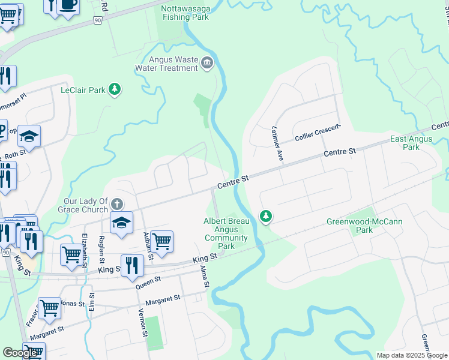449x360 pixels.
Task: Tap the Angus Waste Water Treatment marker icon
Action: coord(207,62)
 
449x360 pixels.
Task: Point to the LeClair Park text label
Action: coord(83,91)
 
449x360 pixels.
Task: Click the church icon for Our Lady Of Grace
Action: coord(117,205)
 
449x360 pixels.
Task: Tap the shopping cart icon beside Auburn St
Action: coord(162,241)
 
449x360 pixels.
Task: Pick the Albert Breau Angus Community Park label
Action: coord(226,233)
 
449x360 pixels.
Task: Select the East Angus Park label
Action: coord(411,143)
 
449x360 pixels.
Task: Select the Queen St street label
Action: coord(149,283)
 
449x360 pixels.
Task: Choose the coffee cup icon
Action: coord(68,5)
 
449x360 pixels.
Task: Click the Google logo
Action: coord(20,353)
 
